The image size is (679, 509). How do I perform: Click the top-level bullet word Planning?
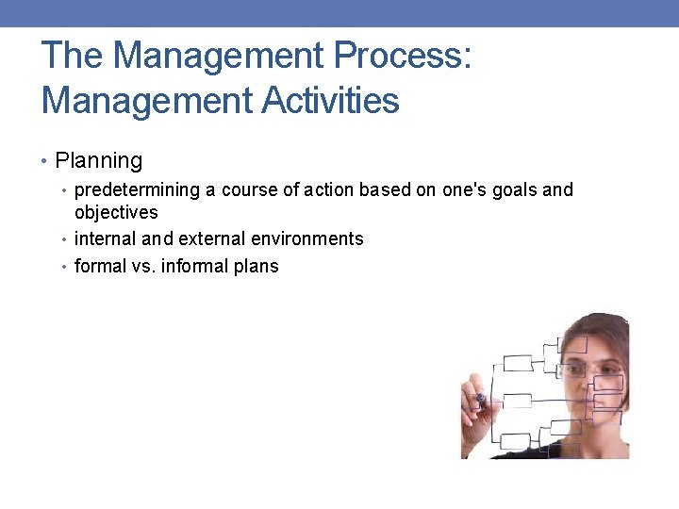(x=98, y=161)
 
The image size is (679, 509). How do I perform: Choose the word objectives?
(x=116, y=213)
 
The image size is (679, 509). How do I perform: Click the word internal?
(x=105, y=239)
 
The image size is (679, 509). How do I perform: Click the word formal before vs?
(x=99, y=267)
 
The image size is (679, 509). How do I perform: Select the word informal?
(x=193, y=267)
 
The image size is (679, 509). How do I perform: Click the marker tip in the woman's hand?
(x=483, y=399)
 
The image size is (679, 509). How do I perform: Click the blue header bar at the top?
(x=339, y=13)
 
